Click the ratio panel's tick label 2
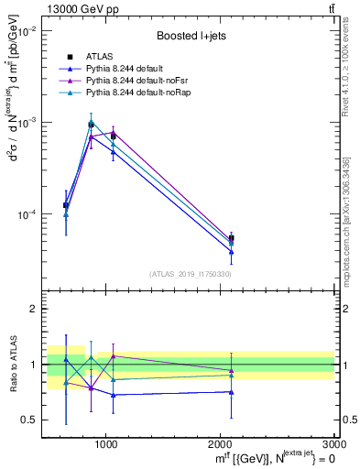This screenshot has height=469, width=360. tap(31, 310)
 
